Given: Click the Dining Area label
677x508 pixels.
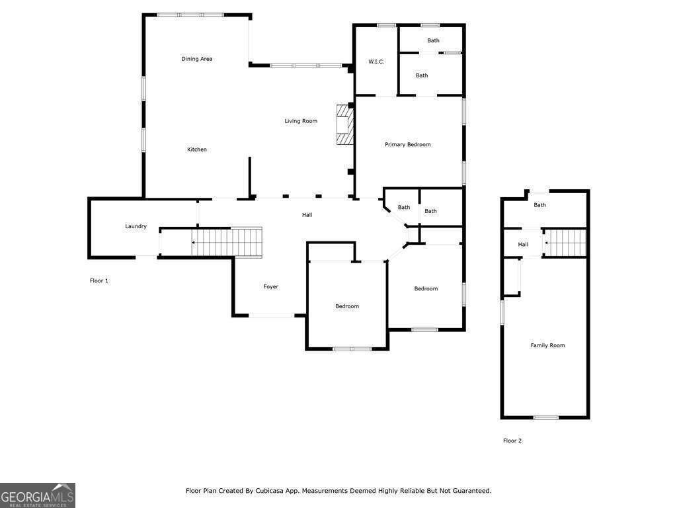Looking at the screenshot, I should (x=196, y=59).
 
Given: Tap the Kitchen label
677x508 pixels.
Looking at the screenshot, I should (x=196, y=149).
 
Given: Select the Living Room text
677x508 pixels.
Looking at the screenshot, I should (x=301, y=121).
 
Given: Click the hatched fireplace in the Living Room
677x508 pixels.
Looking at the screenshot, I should (x=344, y=124).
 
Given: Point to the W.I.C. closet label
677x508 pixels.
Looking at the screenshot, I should (x=376, y=62).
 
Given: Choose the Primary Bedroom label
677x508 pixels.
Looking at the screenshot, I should (x=407, y=144).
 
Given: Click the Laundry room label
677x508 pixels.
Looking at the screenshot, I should (x=136, y=226).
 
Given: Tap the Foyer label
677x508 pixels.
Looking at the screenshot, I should (x=270, y=286).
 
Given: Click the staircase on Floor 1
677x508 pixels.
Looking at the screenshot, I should (x=228, y=242).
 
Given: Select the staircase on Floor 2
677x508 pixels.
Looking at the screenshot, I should (x=566, y=243).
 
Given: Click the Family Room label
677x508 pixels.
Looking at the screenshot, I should (x=547, y=345).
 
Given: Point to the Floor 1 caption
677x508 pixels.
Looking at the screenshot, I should (x=99, y=280).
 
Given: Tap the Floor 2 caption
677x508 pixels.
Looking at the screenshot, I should (x=512, y=441).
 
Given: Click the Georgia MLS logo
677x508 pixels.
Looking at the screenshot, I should (x=38, y=495).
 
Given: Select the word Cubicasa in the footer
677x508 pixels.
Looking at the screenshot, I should (x=286, y=491).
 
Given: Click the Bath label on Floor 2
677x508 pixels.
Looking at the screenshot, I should (x=539, y=205).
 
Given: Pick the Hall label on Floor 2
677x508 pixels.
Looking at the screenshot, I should (x=523, y=244).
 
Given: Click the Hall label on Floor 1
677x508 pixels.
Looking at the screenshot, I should (x=307, y=214).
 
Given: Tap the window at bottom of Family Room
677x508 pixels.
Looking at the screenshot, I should (x=546, y=417).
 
